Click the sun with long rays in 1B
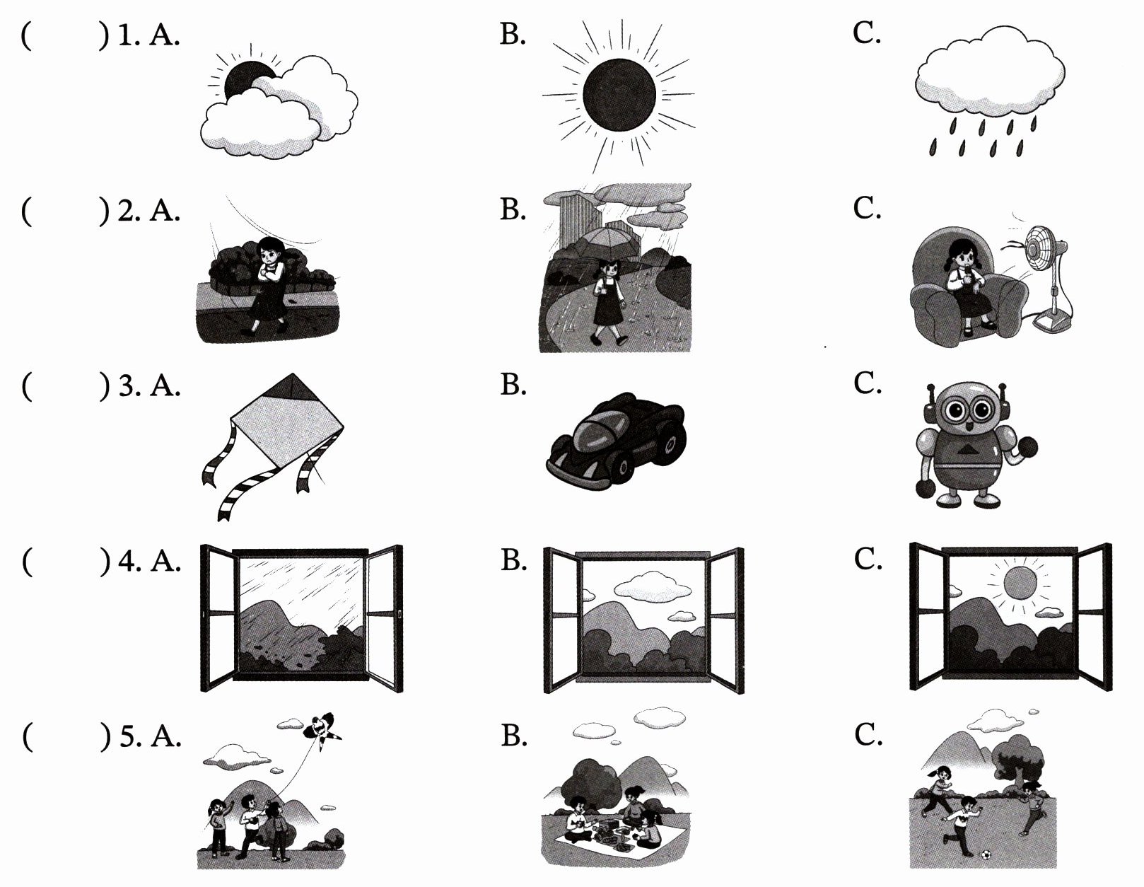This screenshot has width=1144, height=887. [x=619, y=95]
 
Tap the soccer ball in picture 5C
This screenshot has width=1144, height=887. [x=984, y=854]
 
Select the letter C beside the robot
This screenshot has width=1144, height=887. [x=867, y=384]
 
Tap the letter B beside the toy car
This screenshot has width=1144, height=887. [x=513, y=385]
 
